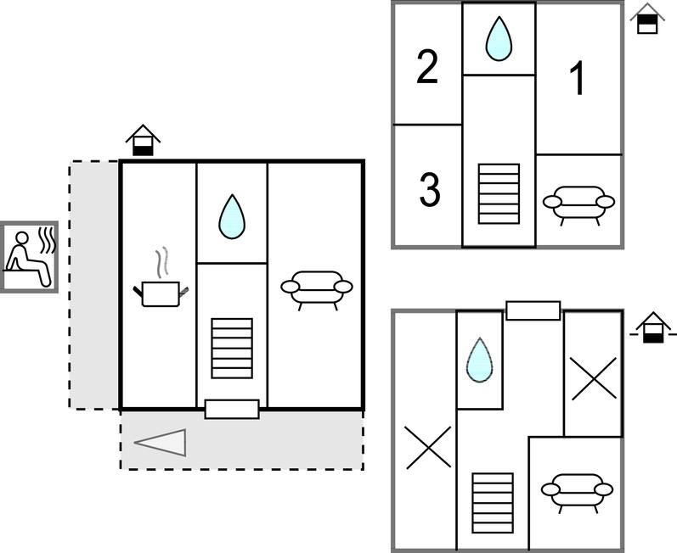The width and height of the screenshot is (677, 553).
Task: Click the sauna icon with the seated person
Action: click(x=29, y=257)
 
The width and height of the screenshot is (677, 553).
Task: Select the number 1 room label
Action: click(x=578, y=80)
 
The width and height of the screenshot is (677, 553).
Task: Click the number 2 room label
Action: click(x=427, y=67)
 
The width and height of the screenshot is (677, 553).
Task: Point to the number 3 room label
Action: click(x=431, y=190)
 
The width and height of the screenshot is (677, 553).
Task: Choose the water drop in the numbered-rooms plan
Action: click(x=499, y=39)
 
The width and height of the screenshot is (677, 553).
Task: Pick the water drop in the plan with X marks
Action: click(x=479, y=359)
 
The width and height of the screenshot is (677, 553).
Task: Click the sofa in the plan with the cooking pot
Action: click(x=316, y=287)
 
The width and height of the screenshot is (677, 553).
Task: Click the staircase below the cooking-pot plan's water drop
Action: click(x=232, y=348)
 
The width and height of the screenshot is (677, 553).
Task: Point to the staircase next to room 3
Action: click(x=499, y=193)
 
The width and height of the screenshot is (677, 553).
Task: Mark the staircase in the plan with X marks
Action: click(x=493, y=502)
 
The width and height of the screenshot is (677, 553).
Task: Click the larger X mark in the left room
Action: click(x=429, y=446)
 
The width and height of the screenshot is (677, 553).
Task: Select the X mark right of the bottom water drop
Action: click(x=593, y=378)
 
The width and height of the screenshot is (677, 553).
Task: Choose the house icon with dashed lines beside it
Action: click(x=652, y=327)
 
